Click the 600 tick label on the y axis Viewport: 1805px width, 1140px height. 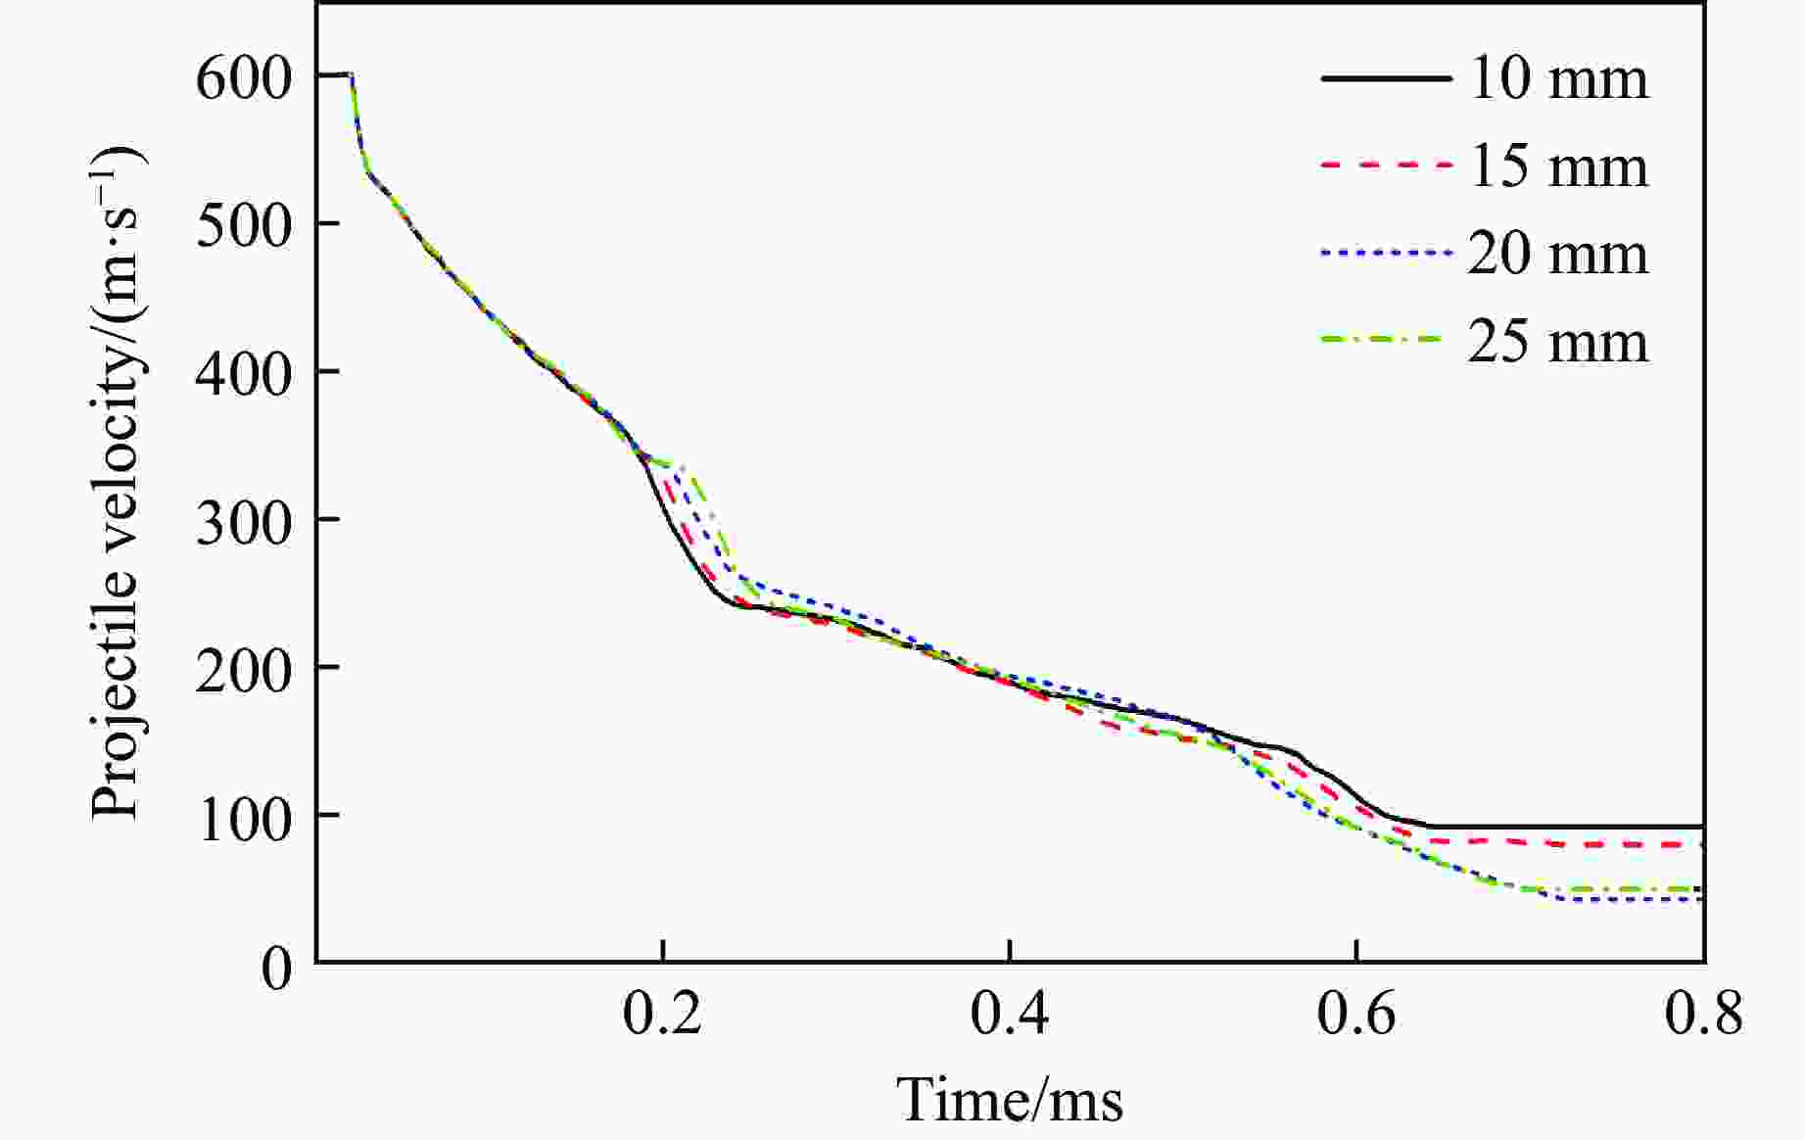tap(244, 78)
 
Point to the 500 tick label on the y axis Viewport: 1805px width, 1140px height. tap(244, 226)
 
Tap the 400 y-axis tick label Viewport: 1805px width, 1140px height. tap(244, 374)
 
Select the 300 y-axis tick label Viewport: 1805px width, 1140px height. tap(244, 522)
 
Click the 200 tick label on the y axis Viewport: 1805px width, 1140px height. tap(244, 672)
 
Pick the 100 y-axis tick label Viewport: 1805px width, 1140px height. tap(244, 820)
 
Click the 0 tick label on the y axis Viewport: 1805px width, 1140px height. tap(277, 968)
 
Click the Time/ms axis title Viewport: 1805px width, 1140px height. tap(1010, 1099)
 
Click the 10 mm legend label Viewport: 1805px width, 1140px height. tap(1557, 78)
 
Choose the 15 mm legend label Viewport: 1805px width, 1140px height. tap(1557, 166)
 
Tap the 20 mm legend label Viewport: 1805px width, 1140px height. tap(1557, 254)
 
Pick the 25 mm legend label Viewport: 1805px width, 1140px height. tap(1557, 342)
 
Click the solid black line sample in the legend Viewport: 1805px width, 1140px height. tap(1385, 77)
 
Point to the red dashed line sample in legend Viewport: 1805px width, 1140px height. tap(1385, 166)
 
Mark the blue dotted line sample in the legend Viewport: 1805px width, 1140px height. tap(1385, 253)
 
